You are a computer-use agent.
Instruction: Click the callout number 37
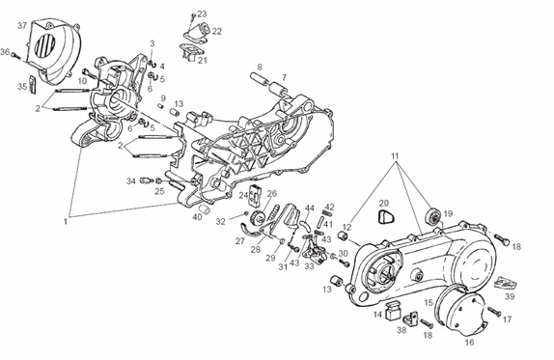(x=22, y=25)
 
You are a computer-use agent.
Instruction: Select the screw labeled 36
(x=15, y=56)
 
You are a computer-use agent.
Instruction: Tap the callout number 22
(x=216, y=32)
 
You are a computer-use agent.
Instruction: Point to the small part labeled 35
(x=33, y=85)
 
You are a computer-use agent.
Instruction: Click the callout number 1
(x=65, y=222)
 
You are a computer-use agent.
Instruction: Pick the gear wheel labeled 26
(x=257, y=216)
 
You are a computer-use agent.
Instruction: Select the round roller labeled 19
(x=433, y=216)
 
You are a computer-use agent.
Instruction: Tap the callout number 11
(x=395, y=156)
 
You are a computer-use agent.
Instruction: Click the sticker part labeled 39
(x=506, y=282)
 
